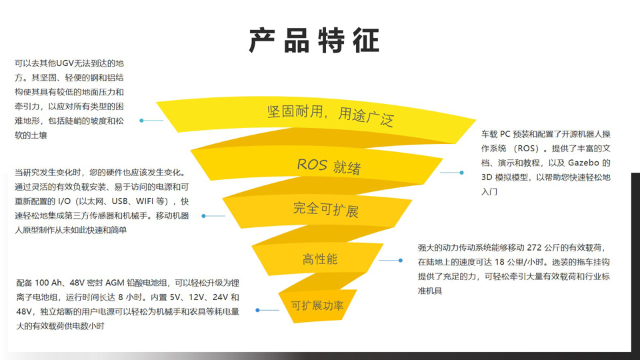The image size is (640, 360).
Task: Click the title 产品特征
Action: pos(315,41)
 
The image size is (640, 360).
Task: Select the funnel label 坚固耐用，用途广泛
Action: pos(330,114)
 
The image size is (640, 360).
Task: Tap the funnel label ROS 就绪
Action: pos(329,165)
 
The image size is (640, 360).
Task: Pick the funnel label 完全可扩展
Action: pos(325,209)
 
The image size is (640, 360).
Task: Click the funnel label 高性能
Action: pos(320,259)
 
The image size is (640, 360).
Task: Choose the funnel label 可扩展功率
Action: pos(317,306)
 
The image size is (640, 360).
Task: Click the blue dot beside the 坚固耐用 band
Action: pos(141,121)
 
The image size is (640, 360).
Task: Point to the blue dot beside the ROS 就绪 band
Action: pos(461,173)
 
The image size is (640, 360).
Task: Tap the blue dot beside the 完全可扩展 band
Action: pos(204,216)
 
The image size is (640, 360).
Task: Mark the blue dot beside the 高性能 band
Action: pos(401,261)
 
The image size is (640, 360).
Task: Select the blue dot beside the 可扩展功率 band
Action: pos(258,310)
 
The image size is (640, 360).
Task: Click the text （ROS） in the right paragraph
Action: pos(530,148)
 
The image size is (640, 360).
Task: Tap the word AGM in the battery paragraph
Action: pos(115,282)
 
